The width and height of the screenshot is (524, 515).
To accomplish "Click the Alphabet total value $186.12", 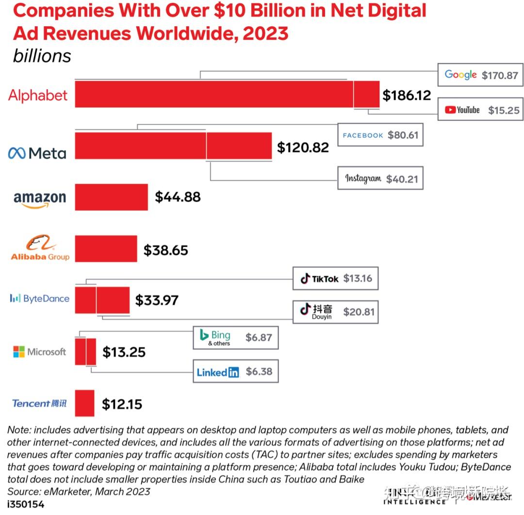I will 407,95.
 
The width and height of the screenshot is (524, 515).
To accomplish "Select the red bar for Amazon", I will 111,197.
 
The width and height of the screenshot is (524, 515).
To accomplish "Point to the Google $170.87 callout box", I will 480,75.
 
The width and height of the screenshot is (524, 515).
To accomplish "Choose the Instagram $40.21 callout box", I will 380,179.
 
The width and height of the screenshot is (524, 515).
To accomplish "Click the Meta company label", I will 37,153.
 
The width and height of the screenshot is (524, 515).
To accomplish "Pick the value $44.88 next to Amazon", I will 178,197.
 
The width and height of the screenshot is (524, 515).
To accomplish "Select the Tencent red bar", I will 84,403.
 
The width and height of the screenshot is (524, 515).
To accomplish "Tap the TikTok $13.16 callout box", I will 335,279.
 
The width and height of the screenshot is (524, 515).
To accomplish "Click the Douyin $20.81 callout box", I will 335,311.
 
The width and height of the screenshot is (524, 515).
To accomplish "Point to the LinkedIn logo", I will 218,372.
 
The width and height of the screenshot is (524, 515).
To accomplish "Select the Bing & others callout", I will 235,337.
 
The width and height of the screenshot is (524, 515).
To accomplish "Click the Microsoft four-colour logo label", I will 39,352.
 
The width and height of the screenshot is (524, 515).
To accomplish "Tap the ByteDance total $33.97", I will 157,300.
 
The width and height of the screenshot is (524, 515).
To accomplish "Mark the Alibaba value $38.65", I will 165,250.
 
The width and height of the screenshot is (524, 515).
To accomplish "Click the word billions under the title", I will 42,56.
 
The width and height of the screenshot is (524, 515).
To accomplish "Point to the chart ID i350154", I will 26,504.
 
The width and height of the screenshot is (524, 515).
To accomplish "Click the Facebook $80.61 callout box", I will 380,135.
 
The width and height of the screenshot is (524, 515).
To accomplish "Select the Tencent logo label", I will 39,403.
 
